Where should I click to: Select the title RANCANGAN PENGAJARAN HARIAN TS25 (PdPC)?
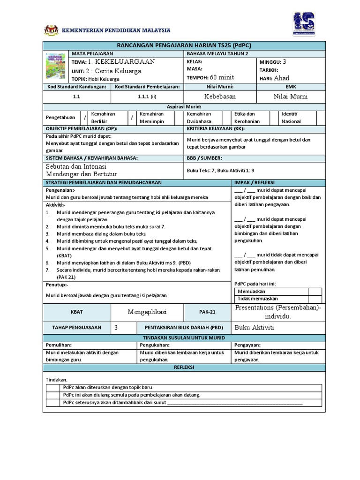[183, 45]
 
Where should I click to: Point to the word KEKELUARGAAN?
[125, 62]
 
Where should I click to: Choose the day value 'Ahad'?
[282, 78]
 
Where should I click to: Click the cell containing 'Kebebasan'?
[220, 96]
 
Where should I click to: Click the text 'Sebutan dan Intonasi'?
[75, 166]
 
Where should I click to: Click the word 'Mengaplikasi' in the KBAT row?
[147, 312]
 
